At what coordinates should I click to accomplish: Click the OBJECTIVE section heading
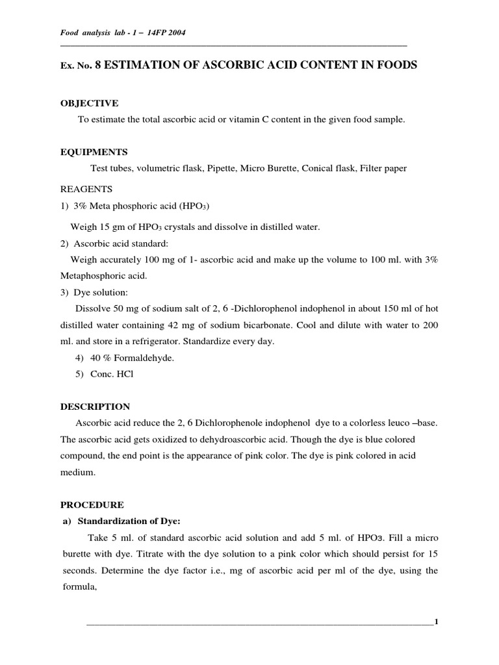point(89,103)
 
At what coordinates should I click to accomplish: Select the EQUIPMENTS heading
point(94,151)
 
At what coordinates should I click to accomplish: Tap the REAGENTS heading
point(86,189)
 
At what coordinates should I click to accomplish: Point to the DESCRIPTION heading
point(95,407)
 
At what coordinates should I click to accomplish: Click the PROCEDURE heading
point(92,504)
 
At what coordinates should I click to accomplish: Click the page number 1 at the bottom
point(437,622)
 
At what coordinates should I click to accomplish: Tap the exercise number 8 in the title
point(99,66)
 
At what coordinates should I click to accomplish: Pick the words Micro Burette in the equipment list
point(265,168)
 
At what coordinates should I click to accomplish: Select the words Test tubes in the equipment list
point(112,168)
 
